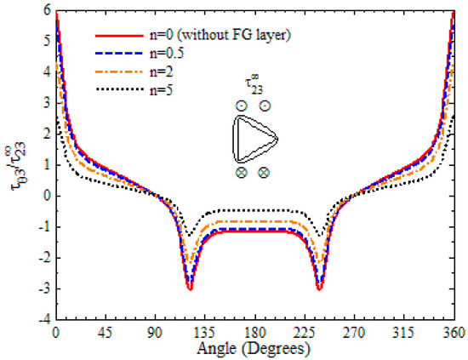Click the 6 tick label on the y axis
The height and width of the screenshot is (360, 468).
coord(44,11)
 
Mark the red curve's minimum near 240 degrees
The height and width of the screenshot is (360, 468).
coord(319,289)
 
